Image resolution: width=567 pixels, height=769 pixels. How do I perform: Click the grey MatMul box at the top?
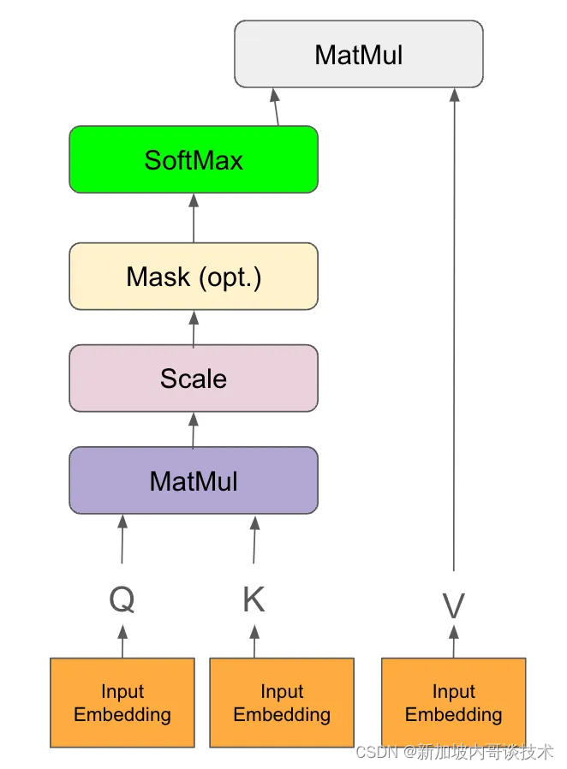(x=359, y=54)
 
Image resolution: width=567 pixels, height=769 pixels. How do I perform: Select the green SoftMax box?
(x=194, y=159)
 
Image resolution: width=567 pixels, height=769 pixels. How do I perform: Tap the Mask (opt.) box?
(x=194, y=276)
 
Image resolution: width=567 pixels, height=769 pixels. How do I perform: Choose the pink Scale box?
(x=194, y=379)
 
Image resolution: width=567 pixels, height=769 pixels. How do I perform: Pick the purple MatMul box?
(x=194, y=480)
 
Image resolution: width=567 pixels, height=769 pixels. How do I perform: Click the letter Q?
(x=122, y=599)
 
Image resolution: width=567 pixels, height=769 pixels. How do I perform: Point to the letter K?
(x=254, y=599)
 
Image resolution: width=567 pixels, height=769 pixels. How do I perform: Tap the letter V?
(x=454, y=605)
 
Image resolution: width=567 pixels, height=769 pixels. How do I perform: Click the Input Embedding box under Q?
(x=122, y=702)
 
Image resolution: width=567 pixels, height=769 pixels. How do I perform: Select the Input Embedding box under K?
(x=282, y=702)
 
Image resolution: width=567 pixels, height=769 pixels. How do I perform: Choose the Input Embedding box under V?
(x=454, y=702)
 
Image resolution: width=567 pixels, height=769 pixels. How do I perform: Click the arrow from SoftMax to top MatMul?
(x=276, y=107)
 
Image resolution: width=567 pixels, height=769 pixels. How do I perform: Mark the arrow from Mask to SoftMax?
(x=194, y=218)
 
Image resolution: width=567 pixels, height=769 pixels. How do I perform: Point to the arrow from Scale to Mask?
(x=194, y=329)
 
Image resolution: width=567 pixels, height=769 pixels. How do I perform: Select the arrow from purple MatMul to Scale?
(x=194, y=431)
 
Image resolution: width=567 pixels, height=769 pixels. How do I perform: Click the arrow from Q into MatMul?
(x=122, y=539)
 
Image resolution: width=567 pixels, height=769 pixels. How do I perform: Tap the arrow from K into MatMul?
(x=254, y=539)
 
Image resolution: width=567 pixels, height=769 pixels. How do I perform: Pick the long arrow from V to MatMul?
(x=454, y=330)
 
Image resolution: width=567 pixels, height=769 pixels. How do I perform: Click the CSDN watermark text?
(x=454, y=752)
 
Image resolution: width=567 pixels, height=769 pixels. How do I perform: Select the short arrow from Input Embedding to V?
(x=454, y=641)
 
